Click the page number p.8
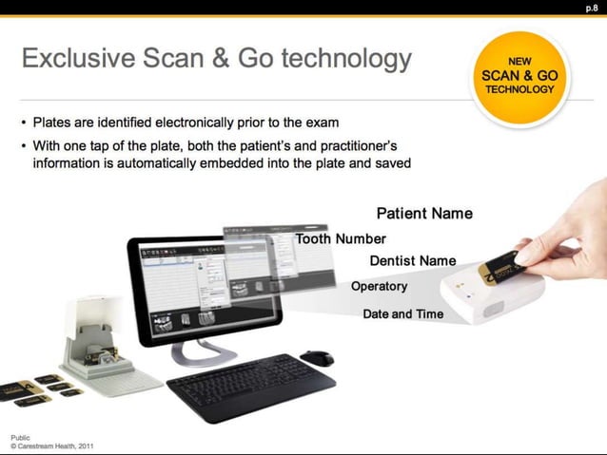click(591, 8)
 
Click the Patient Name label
click(424, 214)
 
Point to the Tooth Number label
click(341, 238)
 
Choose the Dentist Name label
click(413, 260)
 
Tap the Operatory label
click(379, 286)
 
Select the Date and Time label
click(403, 313)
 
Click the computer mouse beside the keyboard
click(317, 358)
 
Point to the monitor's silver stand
click(206, 352)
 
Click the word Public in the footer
click(20, 437)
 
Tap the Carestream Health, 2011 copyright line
click(51, 446)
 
